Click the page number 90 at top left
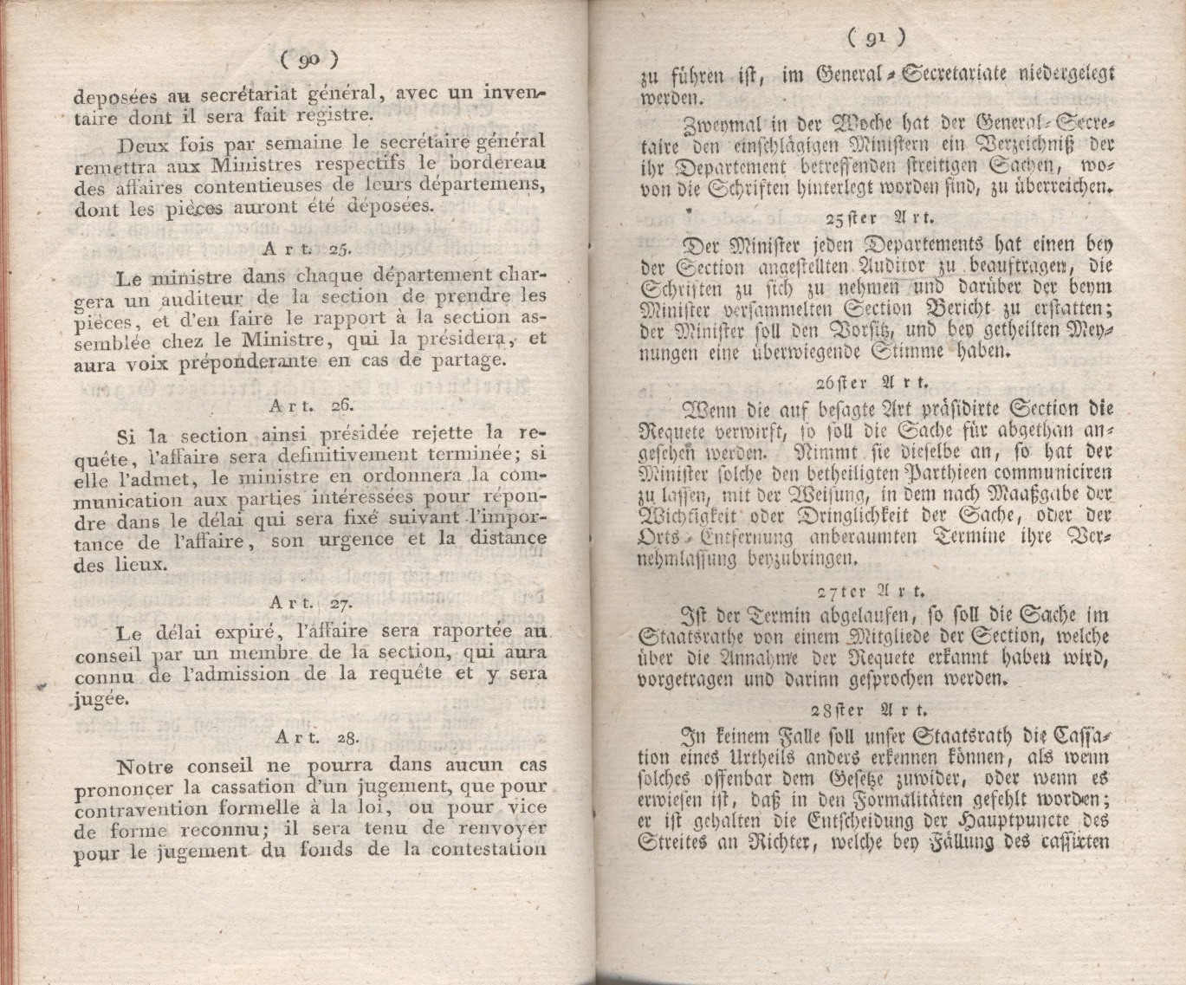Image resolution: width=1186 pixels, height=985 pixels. coord(309,59)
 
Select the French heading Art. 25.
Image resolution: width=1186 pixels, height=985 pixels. coord(306,249)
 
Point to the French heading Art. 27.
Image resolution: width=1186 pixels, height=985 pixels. coord(308,602)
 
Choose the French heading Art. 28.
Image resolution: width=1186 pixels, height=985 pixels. coord(316,737)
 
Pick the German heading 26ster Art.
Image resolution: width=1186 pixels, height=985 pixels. coord(873,383)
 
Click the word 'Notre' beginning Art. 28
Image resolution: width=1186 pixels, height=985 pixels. coord(145,767)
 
